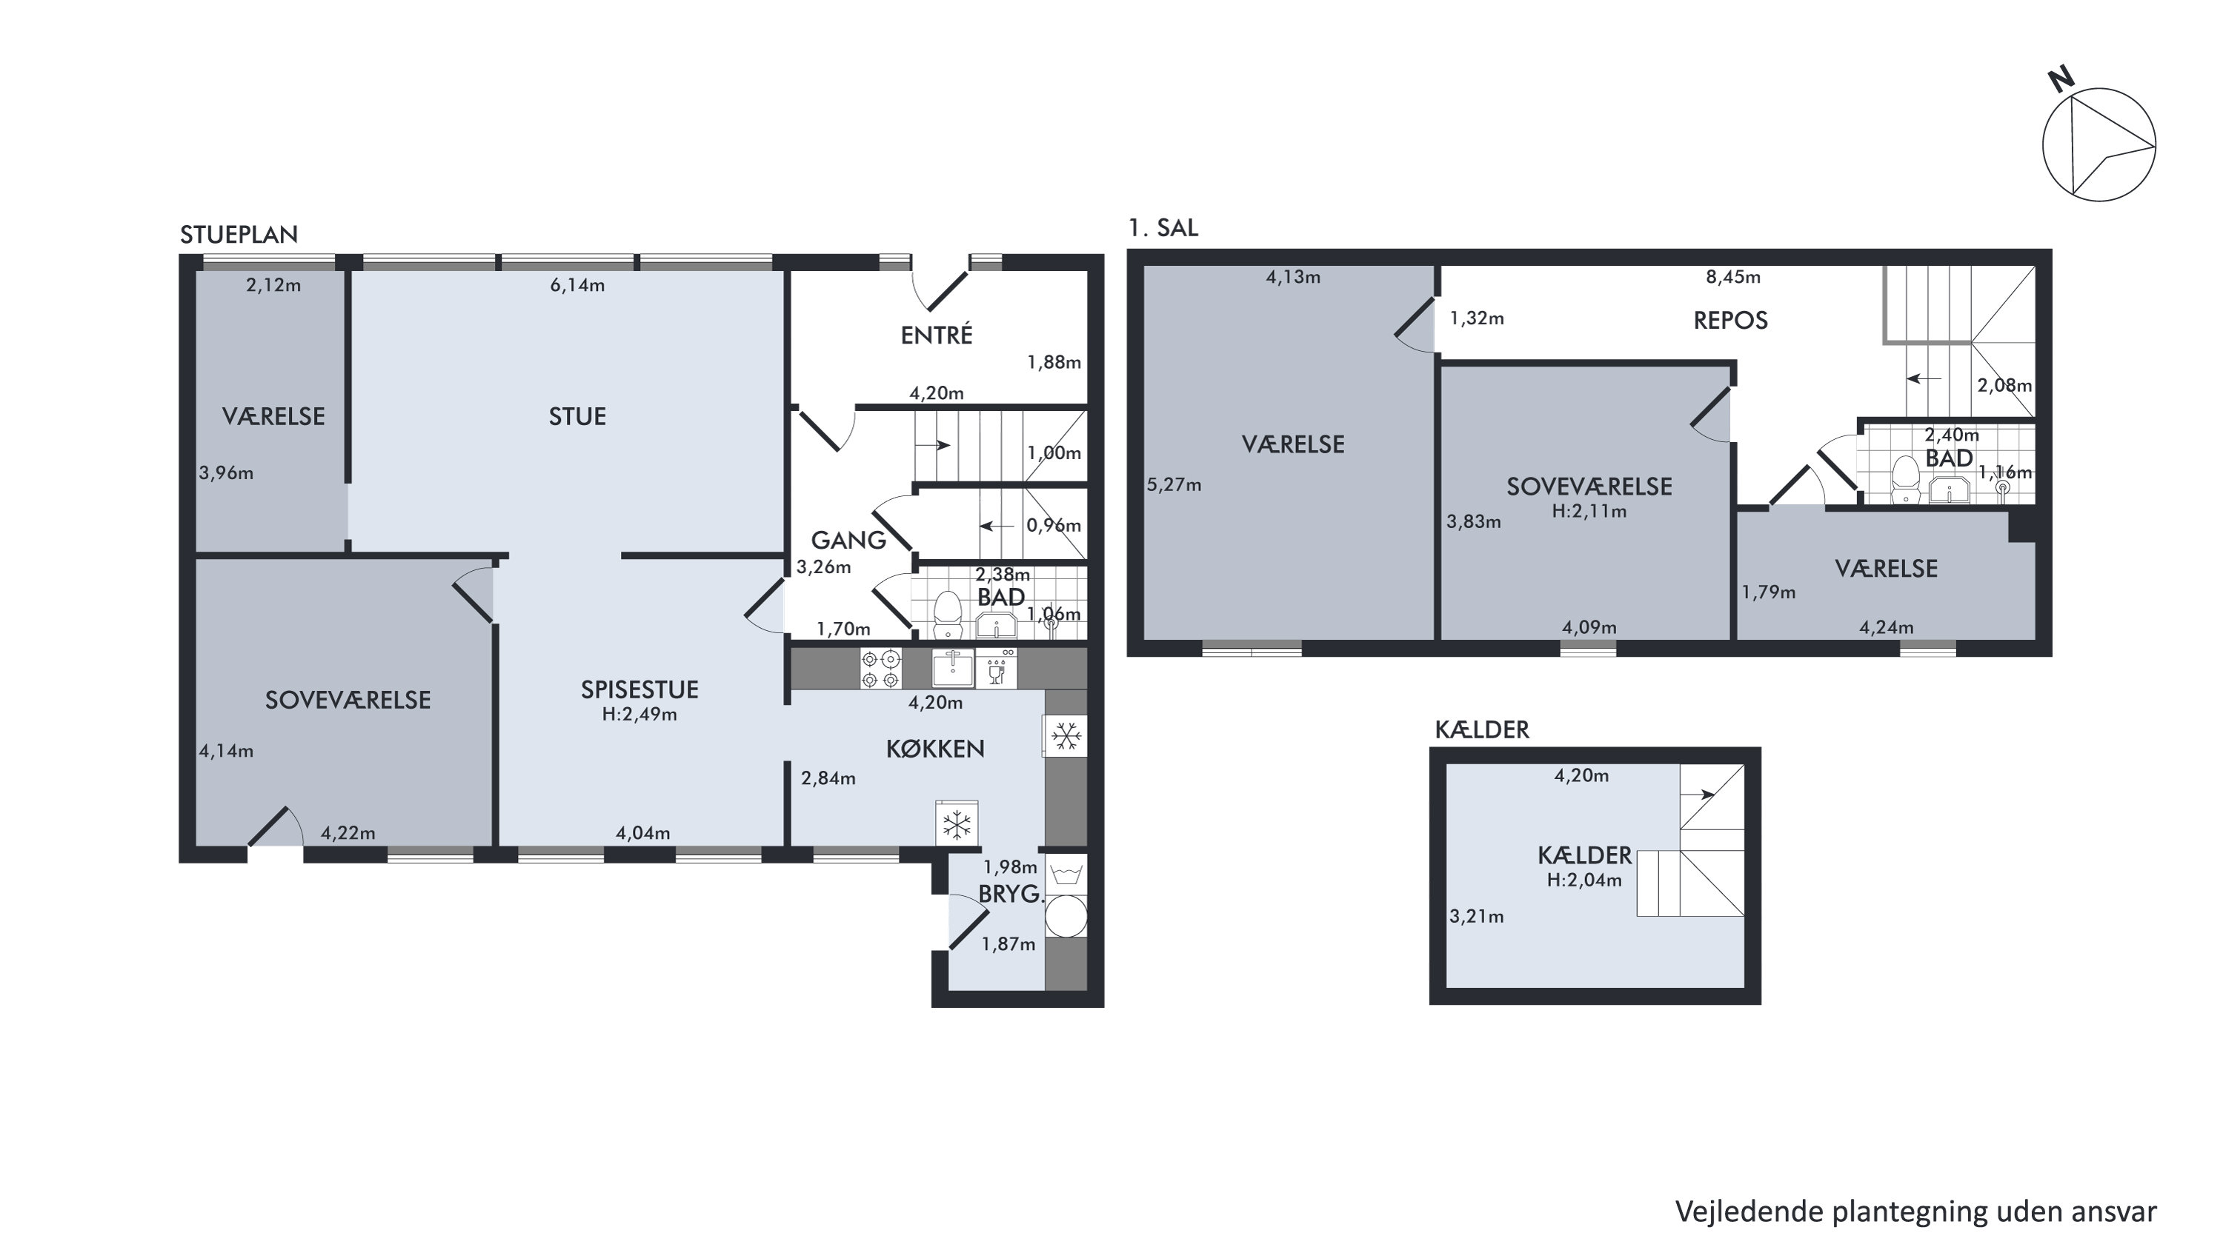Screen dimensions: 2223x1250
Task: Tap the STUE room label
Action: pyautogui.click(x=577, y=417)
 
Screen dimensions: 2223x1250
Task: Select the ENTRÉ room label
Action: pyautogui.click(x=937, y=335)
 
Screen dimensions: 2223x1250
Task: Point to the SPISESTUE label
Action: pyautogui.click(x=639, y=689)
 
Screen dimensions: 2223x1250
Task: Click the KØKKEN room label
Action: pyautogui.click(x=935, y=749)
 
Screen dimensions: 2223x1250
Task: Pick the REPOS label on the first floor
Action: pyautogui.click(x=1730, y=320)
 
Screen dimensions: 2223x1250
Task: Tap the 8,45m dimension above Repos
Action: pyautogui.click(x=1733, y=277)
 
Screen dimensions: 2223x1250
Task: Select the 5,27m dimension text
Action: pyautogui.click(x=1174, y=485)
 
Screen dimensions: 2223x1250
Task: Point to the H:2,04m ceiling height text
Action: pyautogui.click(x=1584, y=880)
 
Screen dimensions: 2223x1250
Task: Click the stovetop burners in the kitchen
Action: pyautogui.click(x=880, y=669)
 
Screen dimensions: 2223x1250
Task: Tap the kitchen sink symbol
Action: pyautogui.click(x=953, y=669)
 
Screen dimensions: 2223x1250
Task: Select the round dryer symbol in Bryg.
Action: pyautogui.click(x=1066, y=915)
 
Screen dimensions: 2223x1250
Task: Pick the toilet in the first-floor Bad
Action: pyautogui.click(x=1905, y=479)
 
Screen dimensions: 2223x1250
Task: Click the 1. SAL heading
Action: pyautogui.click(x=1163, y=228)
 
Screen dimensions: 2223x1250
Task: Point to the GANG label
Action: pyautogui.click(x=848, y=540)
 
